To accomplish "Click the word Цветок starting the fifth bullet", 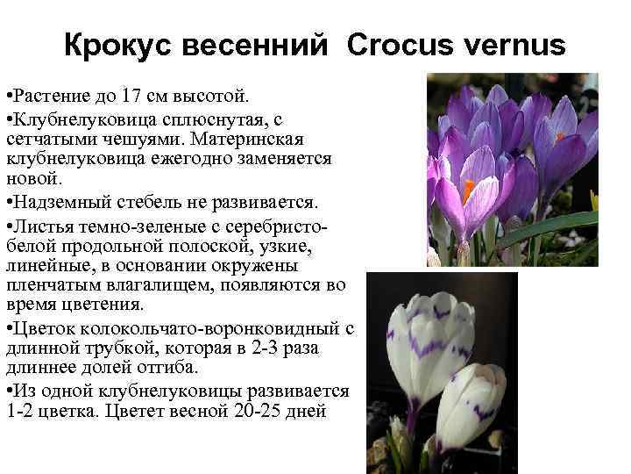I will pyautogui.click(x=51, y=328).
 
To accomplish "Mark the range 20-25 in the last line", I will pyautogui.click(x=248, y=411).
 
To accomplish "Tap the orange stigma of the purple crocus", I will pyautogui.click(x=470, y=188).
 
